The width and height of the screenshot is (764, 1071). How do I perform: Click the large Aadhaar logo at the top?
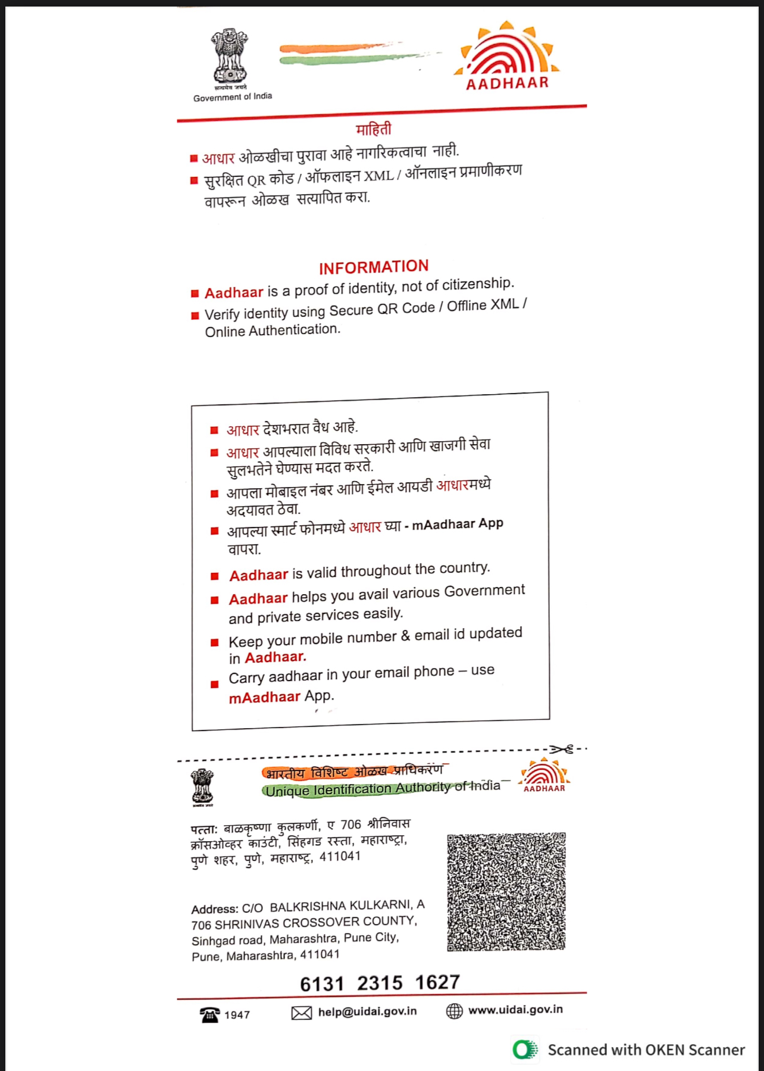pos(506,58)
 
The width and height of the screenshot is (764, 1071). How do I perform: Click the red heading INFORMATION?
pos(374,267)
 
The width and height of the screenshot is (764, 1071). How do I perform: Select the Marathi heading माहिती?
pos(374,129)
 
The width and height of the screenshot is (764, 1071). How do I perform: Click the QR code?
pos(506,891)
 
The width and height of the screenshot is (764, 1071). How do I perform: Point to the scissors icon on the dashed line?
pos(561,749)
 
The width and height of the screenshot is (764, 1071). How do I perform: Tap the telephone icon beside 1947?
pos(209,1014)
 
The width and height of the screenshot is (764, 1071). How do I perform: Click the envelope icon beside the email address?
pos(302,1013)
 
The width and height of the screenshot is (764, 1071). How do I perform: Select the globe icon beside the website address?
pos(455,1011)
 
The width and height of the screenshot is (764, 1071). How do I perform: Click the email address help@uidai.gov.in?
pos(367,1011)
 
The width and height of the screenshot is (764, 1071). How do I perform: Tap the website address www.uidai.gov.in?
pos(515,1009)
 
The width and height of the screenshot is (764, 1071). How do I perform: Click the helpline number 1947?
pos(237,1014)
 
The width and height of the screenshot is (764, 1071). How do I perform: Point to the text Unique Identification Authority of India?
pos(383,789)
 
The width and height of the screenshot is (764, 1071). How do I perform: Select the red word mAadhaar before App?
pos(264,697)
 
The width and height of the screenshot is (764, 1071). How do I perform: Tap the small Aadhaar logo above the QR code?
pos(544,776)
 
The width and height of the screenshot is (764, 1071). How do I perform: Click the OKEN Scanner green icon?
pos(525,1049)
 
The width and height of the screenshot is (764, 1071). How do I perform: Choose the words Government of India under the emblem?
pos(233,97)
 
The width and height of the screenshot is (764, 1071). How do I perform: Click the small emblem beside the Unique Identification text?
pos(202,787)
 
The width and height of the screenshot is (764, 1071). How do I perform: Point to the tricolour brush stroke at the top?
pos(351,54)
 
